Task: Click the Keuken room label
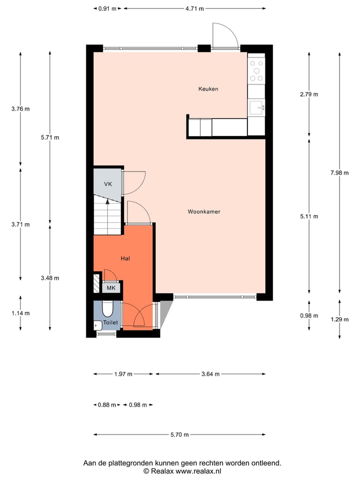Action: pos(208,89)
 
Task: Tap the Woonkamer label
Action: pos(204,211)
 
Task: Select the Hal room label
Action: pos(125,258)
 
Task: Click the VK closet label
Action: pos(107,184)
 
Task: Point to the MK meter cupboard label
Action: pos(111,288)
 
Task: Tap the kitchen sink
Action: pos(257,106)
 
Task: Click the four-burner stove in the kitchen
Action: pos(256,70)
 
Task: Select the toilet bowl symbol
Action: pos(107,309)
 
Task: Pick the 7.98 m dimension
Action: pos(339,173)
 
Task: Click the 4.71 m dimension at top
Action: pos(194,8)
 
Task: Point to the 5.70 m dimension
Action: pos(179,435)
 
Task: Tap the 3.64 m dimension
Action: pos(210,374)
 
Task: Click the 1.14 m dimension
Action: pos(20,313)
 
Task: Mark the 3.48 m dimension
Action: pos(50,278)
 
